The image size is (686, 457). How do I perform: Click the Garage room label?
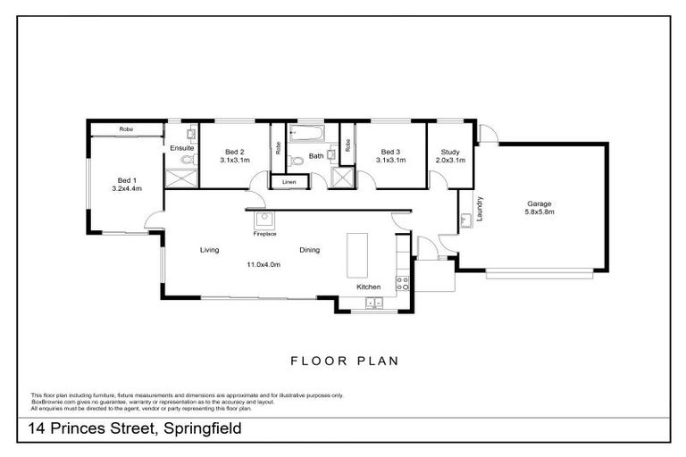point(539,204)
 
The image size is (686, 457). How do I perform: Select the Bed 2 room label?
point(234,152)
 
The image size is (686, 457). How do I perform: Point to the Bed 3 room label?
point(390,152)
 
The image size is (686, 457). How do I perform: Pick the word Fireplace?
point(264,234)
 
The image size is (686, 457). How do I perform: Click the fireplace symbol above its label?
point(264,220)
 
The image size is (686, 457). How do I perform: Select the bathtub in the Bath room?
point(307,137)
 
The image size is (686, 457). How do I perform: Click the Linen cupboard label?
point(289,182)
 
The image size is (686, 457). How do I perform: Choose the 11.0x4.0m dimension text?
point(264,264)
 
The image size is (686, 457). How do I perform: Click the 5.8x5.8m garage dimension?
point(539,212)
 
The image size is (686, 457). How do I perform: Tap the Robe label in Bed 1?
point(126,129)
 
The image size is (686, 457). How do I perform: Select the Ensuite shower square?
point(183,179)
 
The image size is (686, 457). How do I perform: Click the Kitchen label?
point(369,287)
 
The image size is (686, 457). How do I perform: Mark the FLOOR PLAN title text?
point(344,361)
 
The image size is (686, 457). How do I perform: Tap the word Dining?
point(309,250)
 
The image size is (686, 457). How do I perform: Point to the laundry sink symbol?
point(466,220)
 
